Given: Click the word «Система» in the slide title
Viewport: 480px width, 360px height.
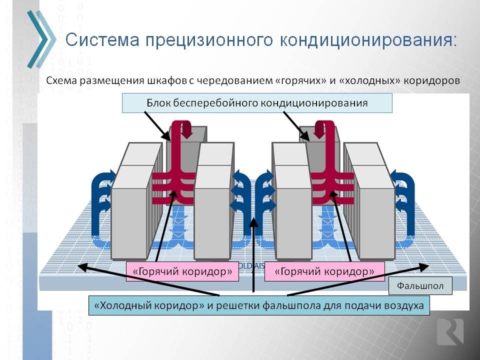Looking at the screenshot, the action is pos(102,40).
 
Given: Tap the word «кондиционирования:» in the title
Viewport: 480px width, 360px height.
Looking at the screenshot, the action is pos(368,40).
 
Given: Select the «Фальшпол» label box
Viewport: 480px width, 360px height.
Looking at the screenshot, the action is pos(420,286).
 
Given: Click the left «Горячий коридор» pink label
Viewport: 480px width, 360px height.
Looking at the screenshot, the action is pos(182,271).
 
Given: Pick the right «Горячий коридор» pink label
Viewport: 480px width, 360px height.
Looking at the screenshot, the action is pos(324,271).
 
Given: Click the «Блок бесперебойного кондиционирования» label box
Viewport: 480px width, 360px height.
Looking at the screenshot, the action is pos(257,103).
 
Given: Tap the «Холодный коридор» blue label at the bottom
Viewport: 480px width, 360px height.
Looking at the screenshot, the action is pos(259,305).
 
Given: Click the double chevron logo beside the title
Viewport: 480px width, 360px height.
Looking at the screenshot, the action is pos(41,39).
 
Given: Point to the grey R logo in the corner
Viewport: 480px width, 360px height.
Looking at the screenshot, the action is pos(450,332).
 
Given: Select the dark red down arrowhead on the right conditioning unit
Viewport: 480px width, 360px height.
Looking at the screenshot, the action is pos(320,130).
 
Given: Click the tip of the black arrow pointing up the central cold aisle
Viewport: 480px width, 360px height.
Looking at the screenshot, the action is pos(253,218).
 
